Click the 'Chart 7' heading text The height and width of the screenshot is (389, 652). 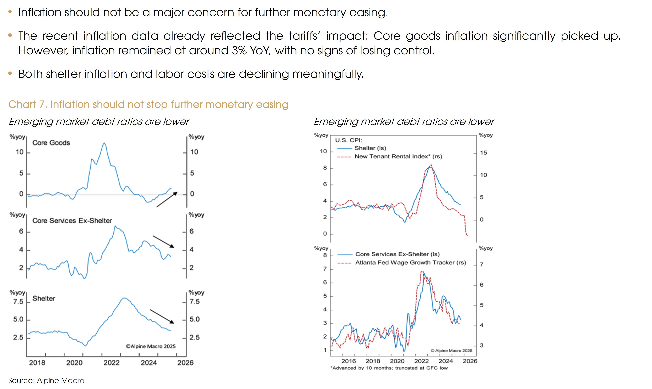tap(148, 104)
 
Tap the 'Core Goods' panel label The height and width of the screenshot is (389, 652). tap(51, 143)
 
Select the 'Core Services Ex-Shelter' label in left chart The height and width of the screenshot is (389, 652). tap(72, 221)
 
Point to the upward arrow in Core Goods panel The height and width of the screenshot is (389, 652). tap(167, 199)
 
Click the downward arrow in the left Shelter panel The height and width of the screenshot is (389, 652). tap(162, 316)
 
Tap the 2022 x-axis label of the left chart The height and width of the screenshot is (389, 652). tap(111, 363)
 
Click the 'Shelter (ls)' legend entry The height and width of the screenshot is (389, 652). tap(370, 148)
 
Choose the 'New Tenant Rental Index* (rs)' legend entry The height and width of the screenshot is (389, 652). tap(398, 157)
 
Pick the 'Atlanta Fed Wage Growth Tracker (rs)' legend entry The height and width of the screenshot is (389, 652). tap(410, 263)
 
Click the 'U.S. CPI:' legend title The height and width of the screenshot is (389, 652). tap(349, 140)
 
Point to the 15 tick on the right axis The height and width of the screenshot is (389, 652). tap(483, 153)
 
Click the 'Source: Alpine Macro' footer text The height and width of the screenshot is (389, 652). tap(46, 381)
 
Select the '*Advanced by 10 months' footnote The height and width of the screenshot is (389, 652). tap(389, 368)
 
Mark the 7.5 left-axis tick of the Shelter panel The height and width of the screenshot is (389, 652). tap(18, 302)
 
